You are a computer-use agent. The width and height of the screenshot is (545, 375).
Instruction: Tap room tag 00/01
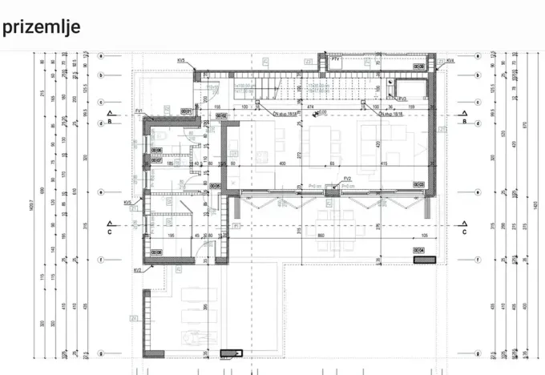point(186,111)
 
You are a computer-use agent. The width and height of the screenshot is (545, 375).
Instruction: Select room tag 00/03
point(418,184)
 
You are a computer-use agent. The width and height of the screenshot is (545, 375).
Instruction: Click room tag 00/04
point(418,250)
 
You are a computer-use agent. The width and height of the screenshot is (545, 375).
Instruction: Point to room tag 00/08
point(157,252)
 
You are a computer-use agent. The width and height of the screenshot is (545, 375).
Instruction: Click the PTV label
point(336,58)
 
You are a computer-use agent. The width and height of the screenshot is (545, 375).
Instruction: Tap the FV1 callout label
point(139,110)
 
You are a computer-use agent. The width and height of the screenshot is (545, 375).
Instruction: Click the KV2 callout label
point(138,270)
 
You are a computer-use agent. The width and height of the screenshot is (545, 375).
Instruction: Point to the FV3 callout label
point(392,99)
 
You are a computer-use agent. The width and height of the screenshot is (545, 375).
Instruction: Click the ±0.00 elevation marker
point(322,112)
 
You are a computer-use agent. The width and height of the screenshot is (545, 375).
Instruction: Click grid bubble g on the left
point(101,353)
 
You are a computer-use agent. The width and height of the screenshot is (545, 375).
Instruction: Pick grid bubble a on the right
point(476,57)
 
